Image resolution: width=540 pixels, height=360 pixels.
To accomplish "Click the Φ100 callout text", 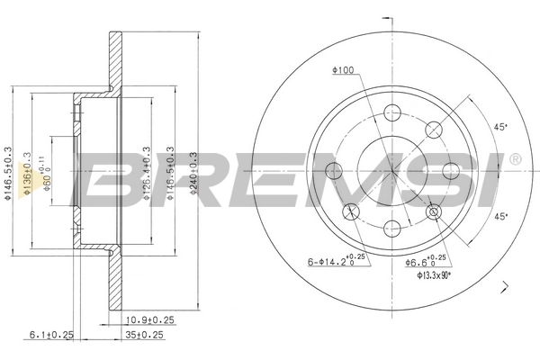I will [343, 70].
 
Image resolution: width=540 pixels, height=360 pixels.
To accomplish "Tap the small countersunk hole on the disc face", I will [435, 212].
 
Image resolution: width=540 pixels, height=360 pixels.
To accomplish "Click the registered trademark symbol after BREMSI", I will [515, 159].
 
